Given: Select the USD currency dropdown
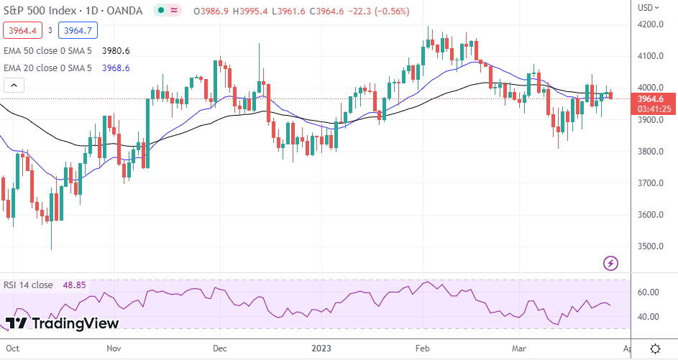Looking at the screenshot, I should [x=649, y=8].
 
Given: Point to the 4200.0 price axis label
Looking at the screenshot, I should [x=651, y=24].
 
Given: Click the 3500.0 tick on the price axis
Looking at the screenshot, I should [x=651, y=246].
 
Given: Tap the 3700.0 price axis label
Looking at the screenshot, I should [x=651, y=183].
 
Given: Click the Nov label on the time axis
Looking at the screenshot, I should [x=113, y=349].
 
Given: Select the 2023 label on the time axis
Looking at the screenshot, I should [x=320, y=349].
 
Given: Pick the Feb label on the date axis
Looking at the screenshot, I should [x=422, y=349].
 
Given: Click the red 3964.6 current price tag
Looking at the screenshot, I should [x=655, y=99].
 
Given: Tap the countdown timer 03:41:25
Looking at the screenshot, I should [x=655, y=109].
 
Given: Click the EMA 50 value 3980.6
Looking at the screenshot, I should [x=116, y=51].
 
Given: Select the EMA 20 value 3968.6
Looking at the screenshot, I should [x=116, y=68].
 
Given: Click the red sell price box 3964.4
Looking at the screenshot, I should [x=20, y=30].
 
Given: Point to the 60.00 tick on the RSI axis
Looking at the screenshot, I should [x=649, y=292].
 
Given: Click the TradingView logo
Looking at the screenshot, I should [x=62, y=323].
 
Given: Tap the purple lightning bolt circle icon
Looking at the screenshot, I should [x=611, y=262].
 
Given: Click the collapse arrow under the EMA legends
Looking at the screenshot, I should [x=14, y=86].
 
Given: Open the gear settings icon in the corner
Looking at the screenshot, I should [x=655, y=349].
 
